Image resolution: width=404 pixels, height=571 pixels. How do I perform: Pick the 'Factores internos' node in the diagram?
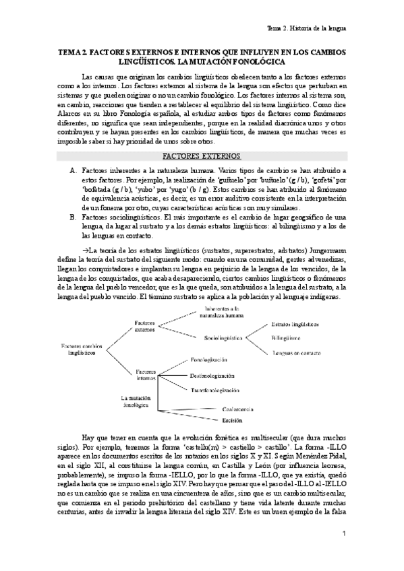(x=146, y=374)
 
